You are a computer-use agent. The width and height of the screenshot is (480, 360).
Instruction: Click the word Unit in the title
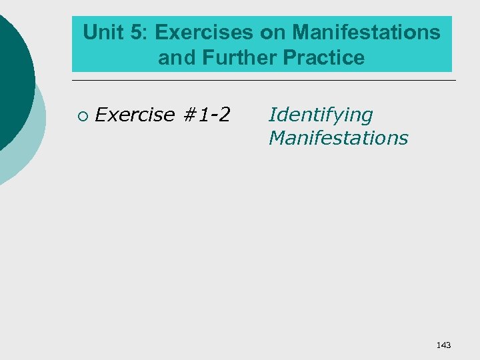pyautogui.click(x=102, y=32)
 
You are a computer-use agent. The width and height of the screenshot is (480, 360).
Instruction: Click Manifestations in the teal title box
pyautogui.click(x=365, y=32)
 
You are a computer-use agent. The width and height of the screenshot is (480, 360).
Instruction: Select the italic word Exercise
pyautogui.click(x=135, y=115)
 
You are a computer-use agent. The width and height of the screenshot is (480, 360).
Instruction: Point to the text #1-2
pyautogui.click(x=206, y=115)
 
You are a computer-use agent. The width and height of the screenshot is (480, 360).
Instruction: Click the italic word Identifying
pyautogui.click(x=321, y=115)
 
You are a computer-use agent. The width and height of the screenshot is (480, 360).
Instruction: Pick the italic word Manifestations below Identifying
pyautogui.click(x=338, y=138)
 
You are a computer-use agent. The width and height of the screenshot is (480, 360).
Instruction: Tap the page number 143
pyautogui.click(x=443, y=345)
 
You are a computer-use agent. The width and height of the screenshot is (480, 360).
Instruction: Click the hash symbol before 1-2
pyautogui.click(x=189, y=115)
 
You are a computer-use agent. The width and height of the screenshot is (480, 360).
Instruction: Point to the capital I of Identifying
pyautogui.click(x=271, y=115)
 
